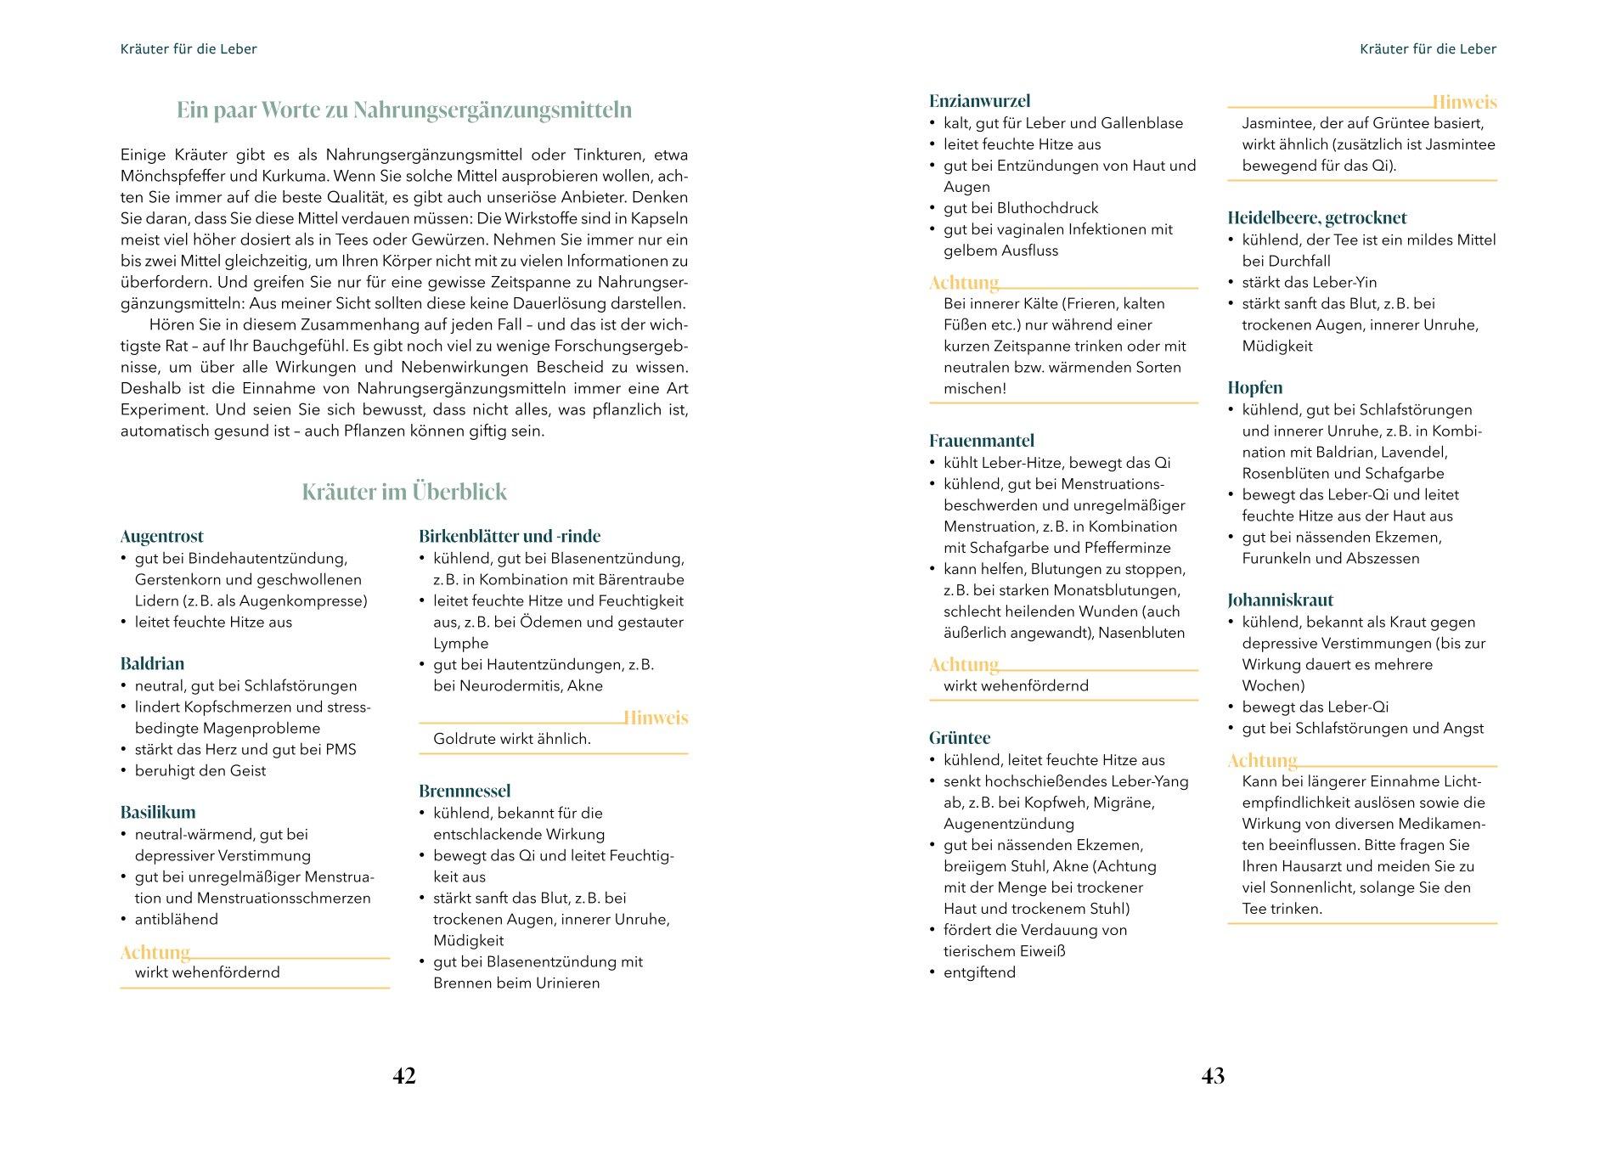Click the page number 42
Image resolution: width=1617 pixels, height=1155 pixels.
pos(404,1076)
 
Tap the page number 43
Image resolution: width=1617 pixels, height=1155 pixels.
pos(1213,1076)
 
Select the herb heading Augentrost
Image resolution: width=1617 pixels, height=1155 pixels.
pos(162,537)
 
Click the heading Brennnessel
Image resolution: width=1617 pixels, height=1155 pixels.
pos(465,792)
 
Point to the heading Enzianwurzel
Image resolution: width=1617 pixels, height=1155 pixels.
pos(979,101)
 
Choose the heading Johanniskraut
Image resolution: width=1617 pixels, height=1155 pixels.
pos(1280,600)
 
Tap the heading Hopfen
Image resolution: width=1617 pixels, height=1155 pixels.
pos(1254,388)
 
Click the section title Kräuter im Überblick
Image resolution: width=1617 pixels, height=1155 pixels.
pos(404,493)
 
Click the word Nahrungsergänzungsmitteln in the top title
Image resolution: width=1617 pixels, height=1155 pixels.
pos(493,110)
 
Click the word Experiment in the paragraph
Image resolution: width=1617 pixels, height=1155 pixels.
pos(161,410)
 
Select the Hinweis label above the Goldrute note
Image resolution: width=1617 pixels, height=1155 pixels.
pos(656,718)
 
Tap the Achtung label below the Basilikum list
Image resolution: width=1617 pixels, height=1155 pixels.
pos(155,952)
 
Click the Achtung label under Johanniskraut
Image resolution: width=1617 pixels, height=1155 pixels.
pos(1262,761)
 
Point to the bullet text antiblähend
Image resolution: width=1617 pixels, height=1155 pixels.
pos(177,920)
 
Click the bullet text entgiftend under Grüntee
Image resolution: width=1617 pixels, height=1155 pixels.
pos(979,973)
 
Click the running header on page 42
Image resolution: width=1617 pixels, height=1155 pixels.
pos(189,49)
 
